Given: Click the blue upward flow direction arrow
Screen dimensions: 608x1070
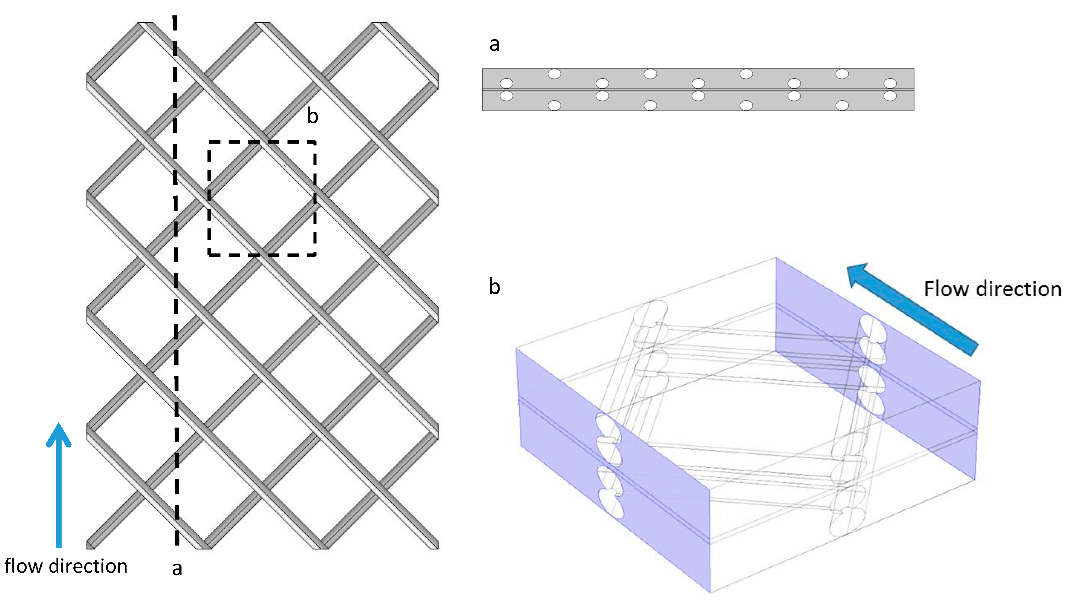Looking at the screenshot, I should pyautogui.click(x=59, y=493).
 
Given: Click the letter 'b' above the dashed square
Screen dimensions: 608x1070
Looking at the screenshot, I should pyautogui.click(x=313, y=116).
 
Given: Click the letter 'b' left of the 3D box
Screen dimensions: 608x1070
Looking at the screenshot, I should pyautogui.click(x=494, y=287).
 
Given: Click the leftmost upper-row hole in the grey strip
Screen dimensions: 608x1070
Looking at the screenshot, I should pyautogui.click(x=506, y=83).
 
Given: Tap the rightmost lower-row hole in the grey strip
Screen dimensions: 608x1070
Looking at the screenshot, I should pyautogui.click(x=890, y=96).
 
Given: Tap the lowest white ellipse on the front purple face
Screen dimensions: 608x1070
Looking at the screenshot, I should pyautogui.click(x=611, y=504).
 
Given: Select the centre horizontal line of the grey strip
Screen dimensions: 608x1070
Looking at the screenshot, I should pyautogui.click(x=698, y=89).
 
